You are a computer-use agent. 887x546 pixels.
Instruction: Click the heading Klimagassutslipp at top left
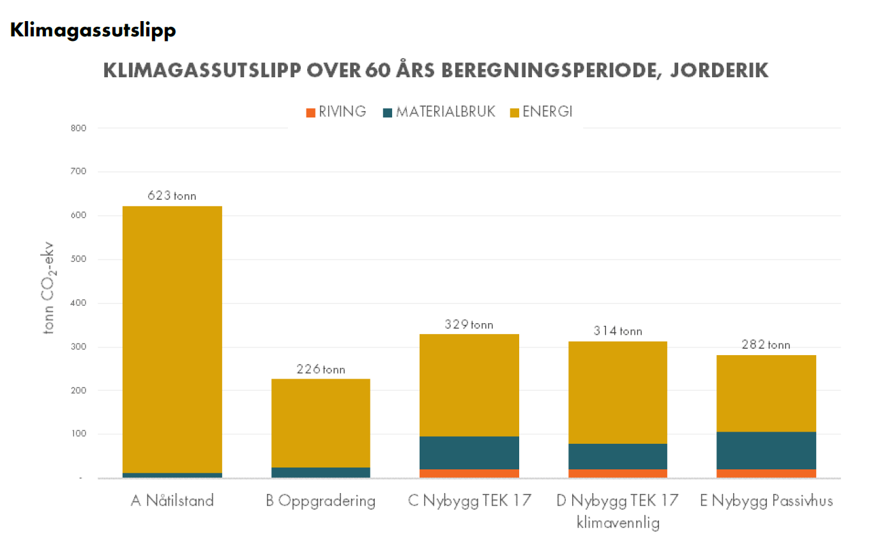[x=93, y=31]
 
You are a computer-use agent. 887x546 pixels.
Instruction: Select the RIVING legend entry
[x=337, y=112]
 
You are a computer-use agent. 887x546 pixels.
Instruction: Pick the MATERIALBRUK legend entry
[x=439, y=112]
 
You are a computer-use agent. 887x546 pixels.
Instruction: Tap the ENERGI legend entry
[x=541, y=112]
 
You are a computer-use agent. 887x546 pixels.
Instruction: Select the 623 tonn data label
[x=172, y=196]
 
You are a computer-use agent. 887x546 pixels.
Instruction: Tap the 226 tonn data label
[x=321, y=369]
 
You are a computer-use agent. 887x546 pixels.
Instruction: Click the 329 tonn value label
[x=469, y=324]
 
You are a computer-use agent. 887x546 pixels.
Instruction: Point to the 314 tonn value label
[x=618, y=331]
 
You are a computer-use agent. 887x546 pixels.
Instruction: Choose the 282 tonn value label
[x=766, y=345]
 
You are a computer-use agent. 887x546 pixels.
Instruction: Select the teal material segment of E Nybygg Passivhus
[x=766, y=450]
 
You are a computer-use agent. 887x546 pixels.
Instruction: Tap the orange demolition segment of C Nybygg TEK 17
[x=469, y=473]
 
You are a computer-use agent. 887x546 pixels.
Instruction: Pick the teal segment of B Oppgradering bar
[x=321, y=472]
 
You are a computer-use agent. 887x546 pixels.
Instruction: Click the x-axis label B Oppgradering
[x=321, y=501]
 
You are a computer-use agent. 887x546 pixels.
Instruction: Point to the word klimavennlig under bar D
[x=618, y=524]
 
